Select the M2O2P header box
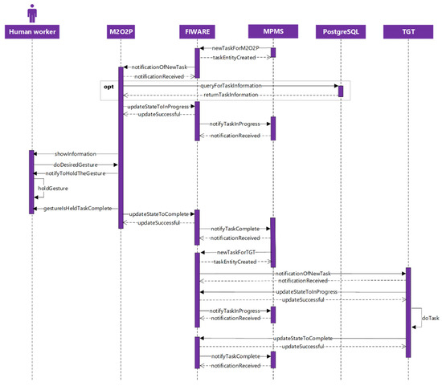pyautogui.click(x=121, y=31)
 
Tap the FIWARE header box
pyautogui.click(x=197, y=31)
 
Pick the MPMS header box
pyautogui.click(x=272, y=31)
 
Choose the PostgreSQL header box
pyautogui.click(x=341, y=31)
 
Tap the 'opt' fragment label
pyautogui.click(x=113, y=84)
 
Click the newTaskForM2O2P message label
pyautogui.click(x=237, y=49)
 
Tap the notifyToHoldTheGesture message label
pyautogui.click(x=76, y=173)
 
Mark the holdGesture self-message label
pyautogui.click(x=53, y=189)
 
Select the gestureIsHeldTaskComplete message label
pyautogui.click(x=76, y=208)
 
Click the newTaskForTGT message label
pyautogui.click(x=234, y=252)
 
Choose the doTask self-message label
pyautogui.click(x=431, y=319)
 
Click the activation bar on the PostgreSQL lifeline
pyautogui.click(x=341, y=91)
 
